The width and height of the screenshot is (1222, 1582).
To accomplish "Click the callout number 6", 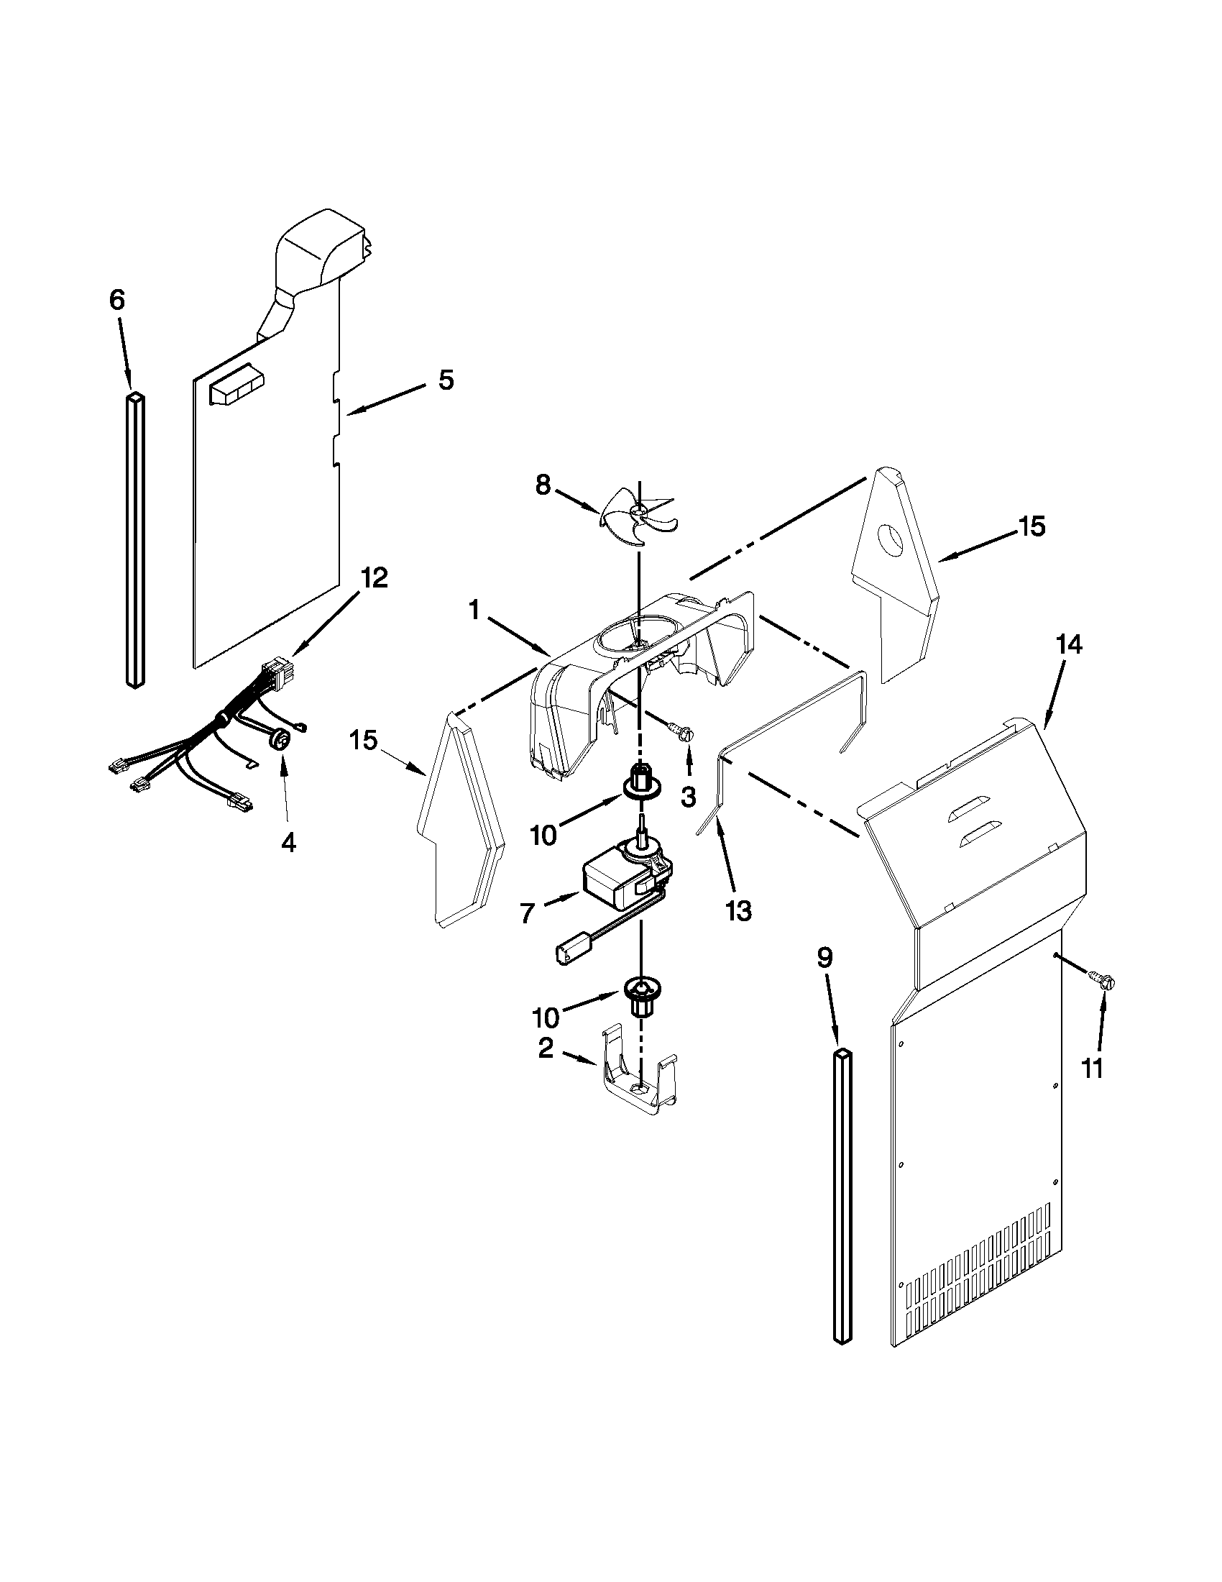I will [x=117, y=300].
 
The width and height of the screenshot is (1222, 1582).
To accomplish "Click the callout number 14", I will [x=1070, y=644].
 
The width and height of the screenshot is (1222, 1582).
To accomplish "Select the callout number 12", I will [x=375, y=577].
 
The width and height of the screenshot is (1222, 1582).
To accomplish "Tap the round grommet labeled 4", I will [x=280, y=739].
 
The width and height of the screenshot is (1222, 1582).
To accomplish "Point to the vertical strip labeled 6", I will [x=135, y=539].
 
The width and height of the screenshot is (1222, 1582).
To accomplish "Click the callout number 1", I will [x=474, y=611].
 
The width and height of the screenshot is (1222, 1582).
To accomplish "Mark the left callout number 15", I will [x=364, y=740].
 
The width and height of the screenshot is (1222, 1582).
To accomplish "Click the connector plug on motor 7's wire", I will [x=569, y=954].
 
